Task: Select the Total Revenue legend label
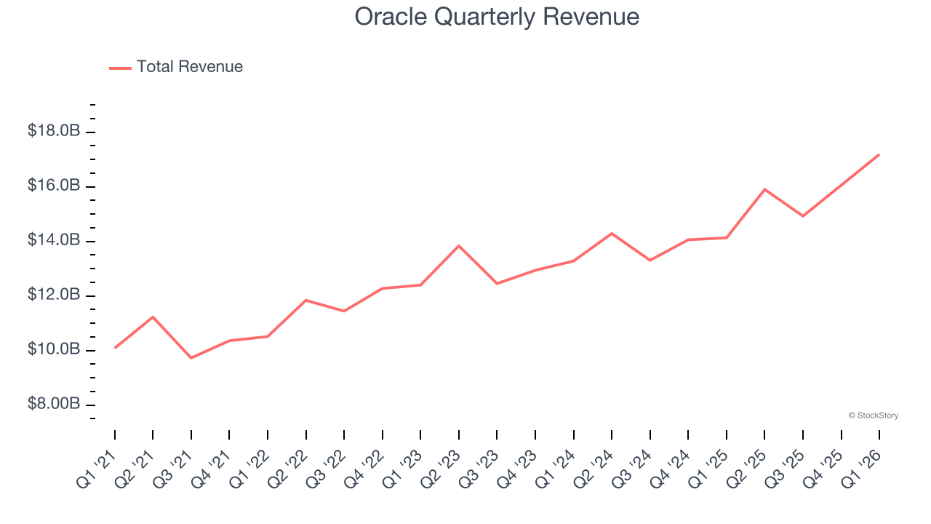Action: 189,67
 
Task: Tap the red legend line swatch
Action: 120,68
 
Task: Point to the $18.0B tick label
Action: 53,132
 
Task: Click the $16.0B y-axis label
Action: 53,186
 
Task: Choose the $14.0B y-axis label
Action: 53,241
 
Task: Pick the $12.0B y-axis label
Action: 53,295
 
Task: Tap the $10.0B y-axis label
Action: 53,350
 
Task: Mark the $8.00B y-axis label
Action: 53,405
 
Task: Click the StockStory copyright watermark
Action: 873,416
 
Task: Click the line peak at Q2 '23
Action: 459,246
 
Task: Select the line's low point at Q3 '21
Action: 191,358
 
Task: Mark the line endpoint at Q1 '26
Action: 879,154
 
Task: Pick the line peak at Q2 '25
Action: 764,189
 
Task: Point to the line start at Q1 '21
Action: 115,348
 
